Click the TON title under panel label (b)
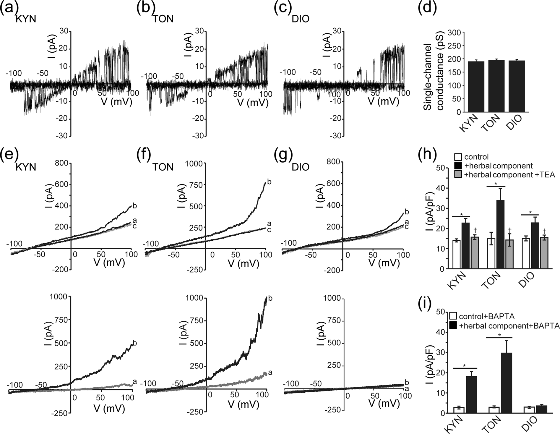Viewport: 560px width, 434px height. point(163,19)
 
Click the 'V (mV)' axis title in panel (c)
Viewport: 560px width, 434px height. point(383,102)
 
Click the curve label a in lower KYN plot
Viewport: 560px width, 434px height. point(135,382)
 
